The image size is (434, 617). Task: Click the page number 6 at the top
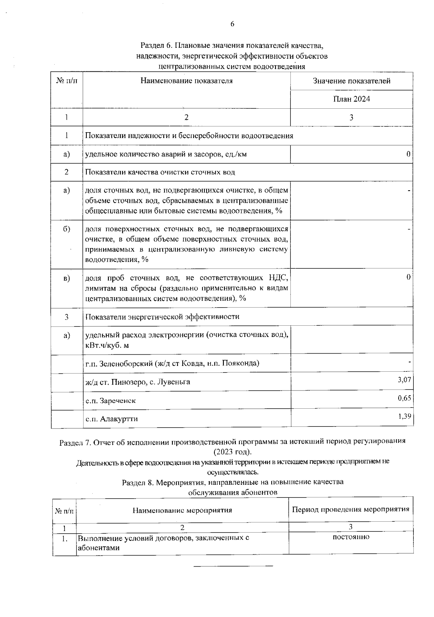pos(232,24)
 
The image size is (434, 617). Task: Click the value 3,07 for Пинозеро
pos(404,380)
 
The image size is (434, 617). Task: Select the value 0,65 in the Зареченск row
pos(404,398)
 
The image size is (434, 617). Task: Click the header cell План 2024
pos(352,99)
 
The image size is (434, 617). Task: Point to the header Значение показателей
pos(352,81)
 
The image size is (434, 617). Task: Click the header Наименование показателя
pos(187,81)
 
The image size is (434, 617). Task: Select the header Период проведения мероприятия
pos(351,509)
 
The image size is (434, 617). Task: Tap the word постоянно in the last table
pos(351,537)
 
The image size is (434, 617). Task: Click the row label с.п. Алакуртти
pos(112,419)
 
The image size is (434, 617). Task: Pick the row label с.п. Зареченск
pos(111,401)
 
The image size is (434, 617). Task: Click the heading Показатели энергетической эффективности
pos(162,317)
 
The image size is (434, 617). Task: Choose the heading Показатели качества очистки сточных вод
pos(160,172)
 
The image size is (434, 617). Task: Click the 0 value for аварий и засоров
pos(408,154)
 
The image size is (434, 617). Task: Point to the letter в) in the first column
pos(67,278)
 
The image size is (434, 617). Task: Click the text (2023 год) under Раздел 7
pos(232,452)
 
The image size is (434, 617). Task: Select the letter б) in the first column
pos(67,229)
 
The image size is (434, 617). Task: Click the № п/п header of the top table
pos(67,81)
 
